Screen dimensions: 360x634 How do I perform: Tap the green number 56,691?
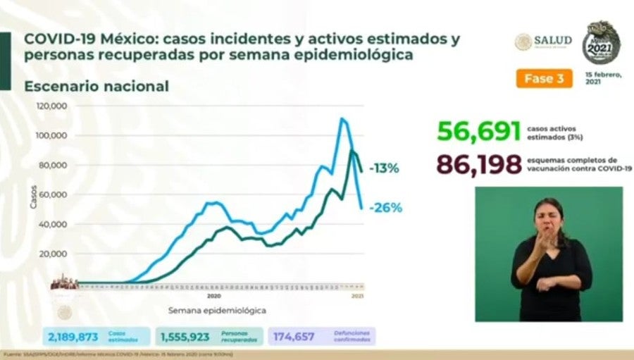(x=478, y=132)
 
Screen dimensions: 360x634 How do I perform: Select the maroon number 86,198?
(x=478, y=163)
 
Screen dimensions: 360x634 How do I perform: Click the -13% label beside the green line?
(x=385, y=168)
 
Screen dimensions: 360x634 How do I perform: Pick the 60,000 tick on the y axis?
(x=54, y=194)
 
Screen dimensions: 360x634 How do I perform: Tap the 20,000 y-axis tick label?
(x=54, y=254)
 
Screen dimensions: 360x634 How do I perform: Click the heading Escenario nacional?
(x=97, y=87)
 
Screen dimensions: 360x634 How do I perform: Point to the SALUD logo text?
(x=552, y=40)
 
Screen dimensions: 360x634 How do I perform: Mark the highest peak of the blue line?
(x=342, y=118)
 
